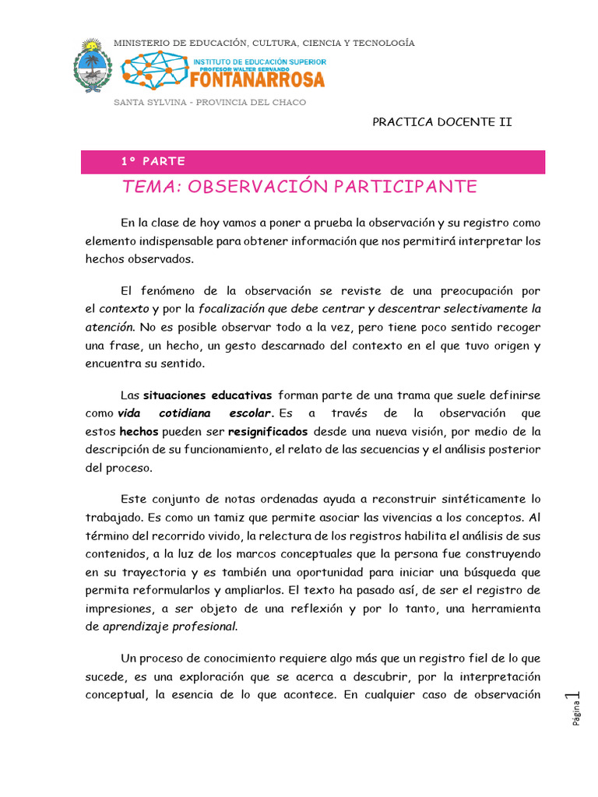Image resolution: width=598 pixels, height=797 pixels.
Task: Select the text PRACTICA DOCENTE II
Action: [441, 122]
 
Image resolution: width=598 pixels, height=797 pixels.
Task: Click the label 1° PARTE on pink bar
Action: [153, 162]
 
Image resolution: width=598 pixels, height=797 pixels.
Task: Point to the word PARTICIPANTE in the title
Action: [405, 187]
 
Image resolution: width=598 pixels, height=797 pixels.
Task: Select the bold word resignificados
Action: [268, 431]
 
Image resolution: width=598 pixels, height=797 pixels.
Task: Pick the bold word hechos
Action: [139, 431]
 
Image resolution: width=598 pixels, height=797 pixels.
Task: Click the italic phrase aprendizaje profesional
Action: [171, 626]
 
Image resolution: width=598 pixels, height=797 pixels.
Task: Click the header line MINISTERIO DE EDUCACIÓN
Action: [264, 43]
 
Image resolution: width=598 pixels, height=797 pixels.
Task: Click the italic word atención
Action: [109, 327]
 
